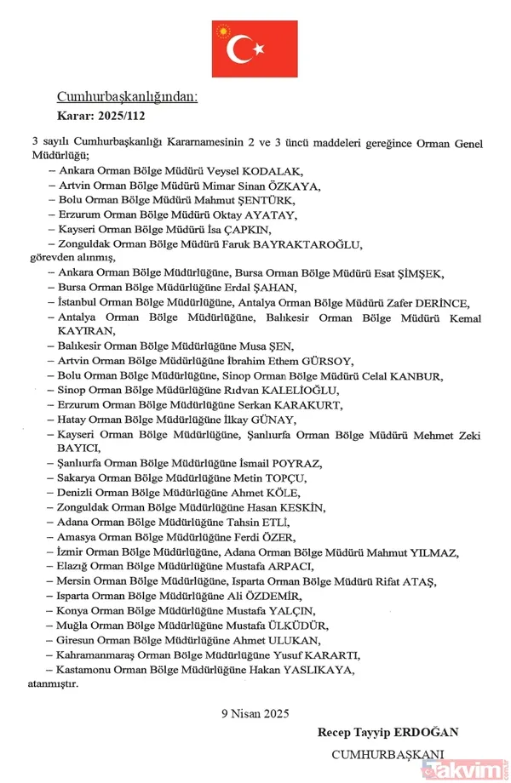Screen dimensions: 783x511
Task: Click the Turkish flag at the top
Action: click(x=255, y=49)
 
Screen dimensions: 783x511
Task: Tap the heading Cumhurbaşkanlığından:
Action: click(x=127, y=97)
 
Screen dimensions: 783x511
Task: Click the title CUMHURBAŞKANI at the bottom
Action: click(x=388, y=754)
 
